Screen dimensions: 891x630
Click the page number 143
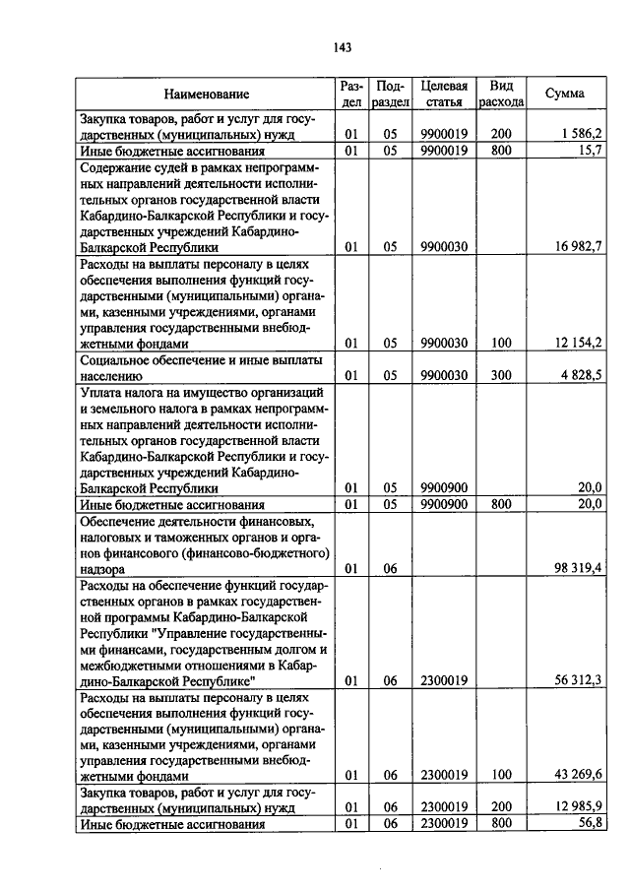point(343,47)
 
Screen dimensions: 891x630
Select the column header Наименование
point(207,94)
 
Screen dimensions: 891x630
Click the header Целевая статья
point(443,94)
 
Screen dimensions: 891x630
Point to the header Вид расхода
point(501,94)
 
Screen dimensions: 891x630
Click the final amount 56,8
point(591,823)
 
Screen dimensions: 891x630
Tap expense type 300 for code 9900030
point(501,375)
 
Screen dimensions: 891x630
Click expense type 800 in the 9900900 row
point(501,503)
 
